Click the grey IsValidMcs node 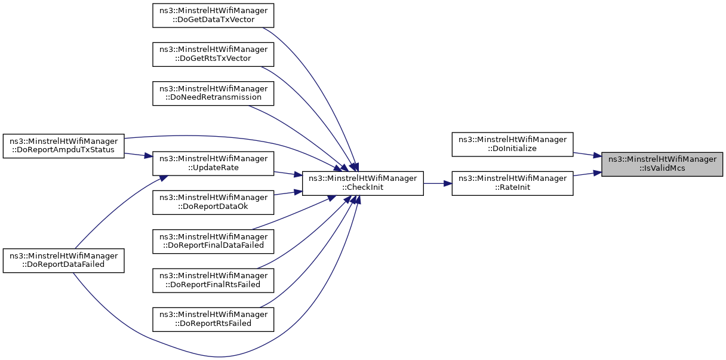coord(662,164)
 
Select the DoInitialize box coord(512,144)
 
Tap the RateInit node coord(512,183)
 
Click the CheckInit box coord(362,183)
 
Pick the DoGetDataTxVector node coord(213,14)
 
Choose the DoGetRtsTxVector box coord(213,53)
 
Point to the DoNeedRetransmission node coord(213,92)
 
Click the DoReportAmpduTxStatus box coord(63,144)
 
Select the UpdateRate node coord(213,164)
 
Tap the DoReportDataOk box coord(213,202)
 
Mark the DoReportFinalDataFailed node coord(213,240)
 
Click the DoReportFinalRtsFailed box coord(213,279)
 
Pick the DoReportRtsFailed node coord(213,318)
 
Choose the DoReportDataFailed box coord(63,260)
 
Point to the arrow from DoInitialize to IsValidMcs coord(587,154)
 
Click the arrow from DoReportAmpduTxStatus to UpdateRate coord(139,155)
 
